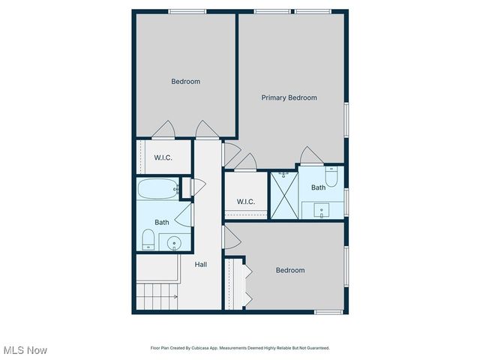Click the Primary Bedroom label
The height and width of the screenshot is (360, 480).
(x=289, y=97)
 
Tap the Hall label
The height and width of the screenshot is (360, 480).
(x=201, y=265)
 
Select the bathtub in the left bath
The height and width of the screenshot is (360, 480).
(x=157, y=190)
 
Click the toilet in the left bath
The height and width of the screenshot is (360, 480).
(x=148, y=239)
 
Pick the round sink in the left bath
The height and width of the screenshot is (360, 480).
(x=174, y=242)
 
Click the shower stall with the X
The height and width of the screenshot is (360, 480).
(x=283, y=193)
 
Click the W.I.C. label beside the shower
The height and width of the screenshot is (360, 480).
(x=246, y=202)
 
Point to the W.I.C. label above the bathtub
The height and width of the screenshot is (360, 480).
(x=164, y=157)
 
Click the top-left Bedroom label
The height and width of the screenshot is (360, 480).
(x=185, y=82)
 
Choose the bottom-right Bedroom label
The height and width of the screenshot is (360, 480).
(x=289, y=271)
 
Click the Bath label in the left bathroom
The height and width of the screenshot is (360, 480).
(x=162, y=223)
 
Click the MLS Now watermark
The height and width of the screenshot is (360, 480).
(x=25, y=350)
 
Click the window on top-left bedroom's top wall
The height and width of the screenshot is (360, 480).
(x=187, y=11)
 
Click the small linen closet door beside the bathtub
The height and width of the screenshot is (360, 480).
(x=187, y=187)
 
